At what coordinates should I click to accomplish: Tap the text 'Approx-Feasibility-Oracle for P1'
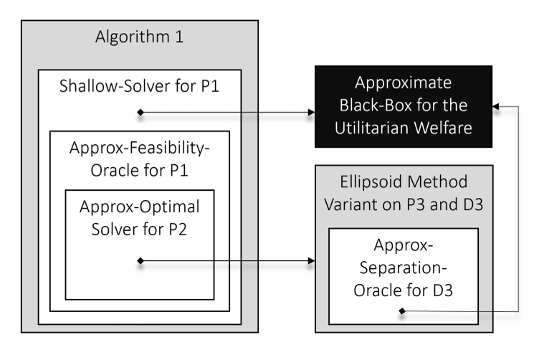click(139, 160)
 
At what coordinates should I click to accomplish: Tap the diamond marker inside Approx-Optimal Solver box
click(140, 261)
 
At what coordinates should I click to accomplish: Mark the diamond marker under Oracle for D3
click(402, 311)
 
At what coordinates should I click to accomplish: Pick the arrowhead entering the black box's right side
click(498, 105)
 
